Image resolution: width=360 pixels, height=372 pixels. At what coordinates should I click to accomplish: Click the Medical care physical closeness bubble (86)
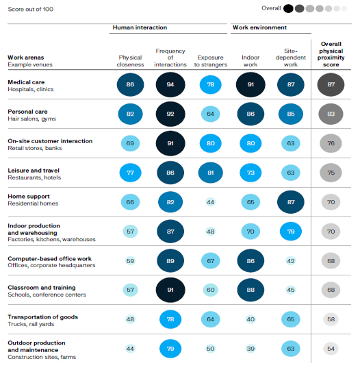[x=130, y=85]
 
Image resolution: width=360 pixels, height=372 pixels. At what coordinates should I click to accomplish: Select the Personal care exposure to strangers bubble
[x=210, y=114]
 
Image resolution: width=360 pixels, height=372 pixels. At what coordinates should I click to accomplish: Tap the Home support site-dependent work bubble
[x=291, y=202]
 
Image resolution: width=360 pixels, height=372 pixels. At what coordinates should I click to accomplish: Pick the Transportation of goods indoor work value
[x=250, y=319]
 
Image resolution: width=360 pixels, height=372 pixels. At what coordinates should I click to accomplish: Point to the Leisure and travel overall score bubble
[x=331, y=173]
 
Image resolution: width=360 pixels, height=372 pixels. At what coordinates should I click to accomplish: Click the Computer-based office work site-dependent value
[x=291, y=261]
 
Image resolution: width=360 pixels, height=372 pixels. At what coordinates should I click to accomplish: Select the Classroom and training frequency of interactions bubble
[x=170, y=290]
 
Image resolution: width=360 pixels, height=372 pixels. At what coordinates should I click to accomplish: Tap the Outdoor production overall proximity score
[x=331, y=349]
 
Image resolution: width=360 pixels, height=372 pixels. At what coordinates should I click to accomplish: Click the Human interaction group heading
[x=140, y=27]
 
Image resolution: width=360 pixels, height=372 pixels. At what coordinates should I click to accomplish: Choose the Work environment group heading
[x=260, y=27]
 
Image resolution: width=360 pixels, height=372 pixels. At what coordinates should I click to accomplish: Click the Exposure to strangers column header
[x=210, y=61]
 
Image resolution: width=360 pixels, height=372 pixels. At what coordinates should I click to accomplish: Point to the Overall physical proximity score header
[x=331, y=54]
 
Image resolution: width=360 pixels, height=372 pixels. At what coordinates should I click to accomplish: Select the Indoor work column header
[x=250, y=61]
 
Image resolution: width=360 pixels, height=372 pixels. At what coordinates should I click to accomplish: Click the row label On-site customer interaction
[x=50, y=141]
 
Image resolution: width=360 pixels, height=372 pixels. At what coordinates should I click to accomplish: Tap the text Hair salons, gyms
[x=31, y=119]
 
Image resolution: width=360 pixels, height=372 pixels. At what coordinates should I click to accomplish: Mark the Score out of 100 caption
[x=31, y=9]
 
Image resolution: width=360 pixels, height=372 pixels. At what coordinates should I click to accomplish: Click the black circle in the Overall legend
[x=288, y=8]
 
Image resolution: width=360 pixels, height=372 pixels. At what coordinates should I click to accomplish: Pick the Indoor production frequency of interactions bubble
[x=170, y=232]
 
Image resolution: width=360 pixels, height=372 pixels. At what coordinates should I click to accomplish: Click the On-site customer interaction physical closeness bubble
[x=130, y=143]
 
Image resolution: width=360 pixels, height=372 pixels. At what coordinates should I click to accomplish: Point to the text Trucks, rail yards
[x=31, y=324]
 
